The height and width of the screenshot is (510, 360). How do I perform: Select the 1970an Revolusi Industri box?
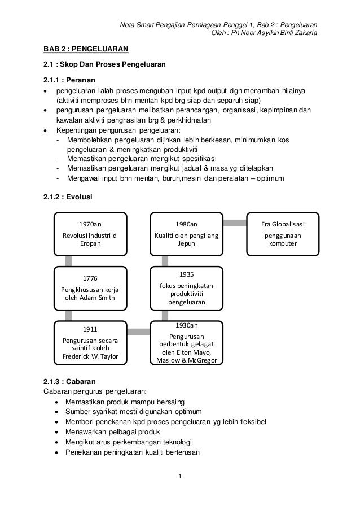pos(90,234)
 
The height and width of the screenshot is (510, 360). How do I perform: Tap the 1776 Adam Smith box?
pos(90,288)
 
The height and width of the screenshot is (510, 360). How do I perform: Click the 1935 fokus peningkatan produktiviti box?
pos(186,288)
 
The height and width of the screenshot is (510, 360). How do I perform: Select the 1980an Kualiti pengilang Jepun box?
pos(186,234)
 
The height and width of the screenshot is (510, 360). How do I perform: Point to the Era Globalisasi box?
pos(282,234)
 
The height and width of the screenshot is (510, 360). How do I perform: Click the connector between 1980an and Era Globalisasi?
pos(235,223)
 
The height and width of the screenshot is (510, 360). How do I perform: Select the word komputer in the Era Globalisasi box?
pos(282,244)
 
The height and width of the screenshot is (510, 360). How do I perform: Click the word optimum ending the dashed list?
pos(270,180)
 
